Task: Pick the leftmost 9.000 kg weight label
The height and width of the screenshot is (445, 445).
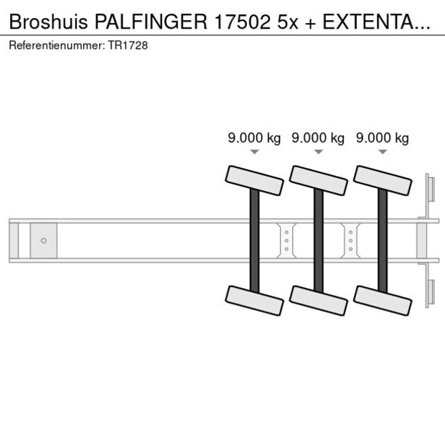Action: pyautogui.click(x=254, y=138)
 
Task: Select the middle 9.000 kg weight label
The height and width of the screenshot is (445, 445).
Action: pyautogui.click(x=318, y=138)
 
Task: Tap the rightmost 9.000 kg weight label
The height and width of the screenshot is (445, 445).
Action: pyautogui.click(x=383, y=138)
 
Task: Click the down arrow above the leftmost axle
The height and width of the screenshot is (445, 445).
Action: pyautogui.click(x=254, y=151)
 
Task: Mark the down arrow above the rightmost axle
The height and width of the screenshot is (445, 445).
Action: pyautogui.click(x=383, y=151)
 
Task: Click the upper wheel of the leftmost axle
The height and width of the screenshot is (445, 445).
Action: pyautogui.click(x=255, y=179)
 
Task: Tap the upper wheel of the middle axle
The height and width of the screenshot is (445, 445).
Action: pyautogui.click(x=319, y=179)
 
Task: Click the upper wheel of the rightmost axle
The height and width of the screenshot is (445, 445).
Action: pyautogui.click(x=383, y=179)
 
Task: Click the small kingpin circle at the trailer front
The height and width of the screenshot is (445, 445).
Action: pyautogui.click(x=43, y=240)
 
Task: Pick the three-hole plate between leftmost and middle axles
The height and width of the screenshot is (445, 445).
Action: pyautogui.click(x=286, y=240)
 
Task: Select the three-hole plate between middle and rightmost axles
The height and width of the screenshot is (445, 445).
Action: pyautogui.click(x=350, y=240)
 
